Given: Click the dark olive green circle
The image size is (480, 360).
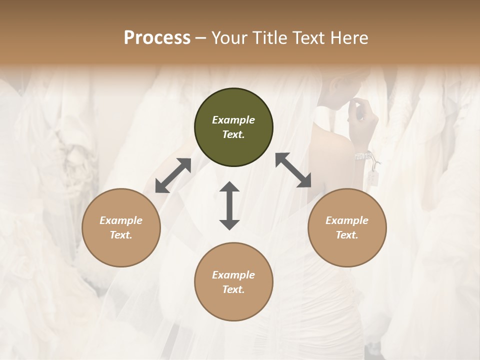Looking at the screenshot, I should click(x=233, y=127).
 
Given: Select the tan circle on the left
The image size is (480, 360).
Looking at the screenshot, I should click(x=121, y=227).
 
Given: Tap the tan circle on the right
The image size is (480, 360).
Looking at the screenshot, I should click(x=347, y=227).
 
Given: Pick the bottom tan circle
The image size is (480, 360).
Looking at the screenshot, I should click(x=233, y=282).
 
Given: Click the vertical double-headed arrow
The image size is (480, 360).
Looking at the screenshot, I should click(x=229, y=206).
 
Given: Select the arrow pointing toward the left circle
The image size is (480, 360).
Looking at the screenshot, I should click(x=173, y=175).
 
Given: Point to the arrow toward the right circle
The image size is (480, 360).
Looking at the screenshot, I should click(x=293, y=170).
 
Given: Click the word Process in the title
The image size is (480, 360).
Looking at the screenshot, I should click(x=157, y=38).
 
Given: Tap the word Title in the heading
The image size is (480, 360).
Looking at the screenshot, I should click(x=269, y=38).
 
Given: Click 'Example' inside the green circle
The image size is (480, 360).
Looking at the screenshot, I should click(x=233, y=120).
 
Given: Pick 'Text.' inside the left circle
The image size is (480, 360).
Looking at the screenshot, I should click(x=121, y=235).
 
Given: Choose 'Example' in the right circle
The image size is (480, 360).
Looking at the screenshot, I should click(x=347, y=220).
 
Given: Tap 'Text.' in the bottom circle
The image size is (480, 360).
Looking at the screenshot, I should click(x=233, y=289).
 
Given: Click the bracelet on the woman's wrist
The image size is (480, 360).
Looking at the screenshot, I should click(x=363, y=156).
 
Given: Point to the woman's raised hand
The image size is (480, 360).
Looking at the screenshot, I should click(x=363, y=117).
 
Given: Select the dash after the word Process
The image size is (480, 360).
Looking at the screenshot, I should click(x=200, y=38).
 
